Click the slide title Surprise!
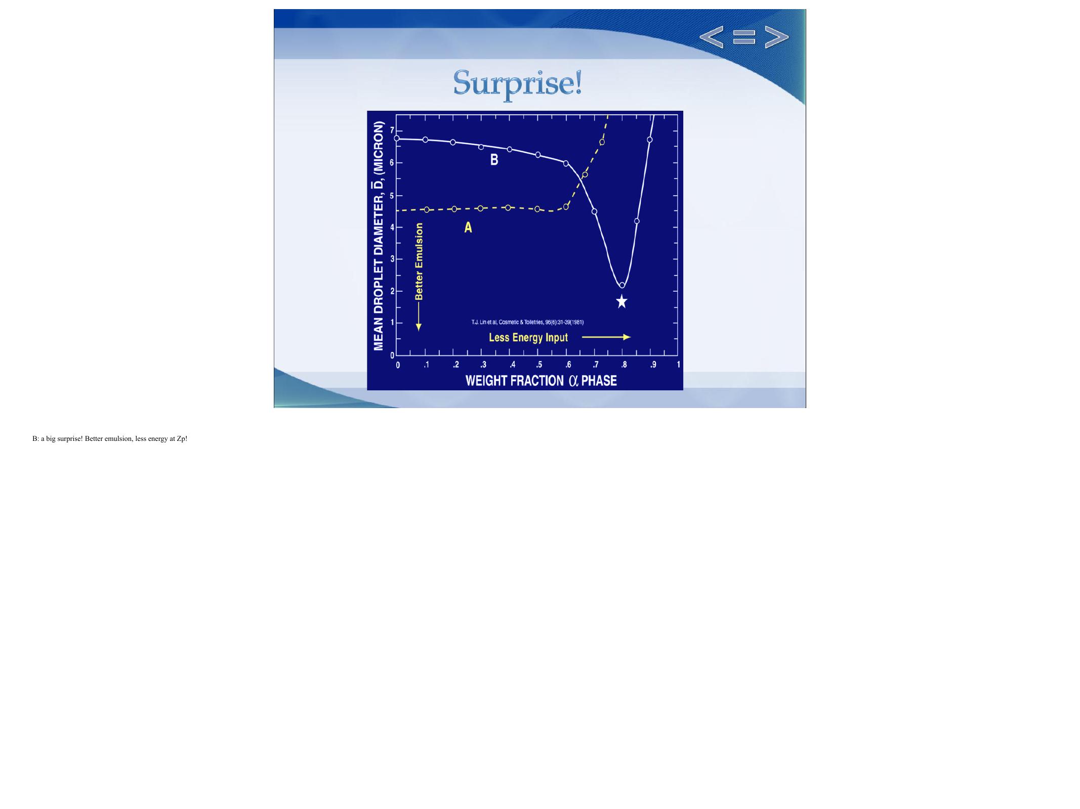tap(517, 83)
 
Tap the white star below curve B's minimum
tap(622, 302)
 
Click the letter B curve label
tap(494, 160)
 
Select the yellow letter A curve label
tap(468, 228)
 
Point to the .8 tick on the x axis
tap(624, 365)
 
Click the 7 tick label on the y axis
tap(391, 130)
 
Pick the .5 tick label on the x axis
tap(539, 365)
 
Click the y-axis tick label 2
tap(391, 291)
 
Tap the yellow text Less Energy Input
tap(528, 337)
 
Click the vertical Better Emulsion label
tap(419, 262)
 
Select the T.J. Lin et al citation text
tap(527, 322)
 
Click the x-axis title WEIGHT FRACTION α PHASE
tap(541, 381)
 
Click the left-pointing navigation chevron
tap(711, 37)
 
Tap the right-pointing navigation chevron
tap(776, 37)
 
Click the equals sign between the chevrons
tap(744, 37)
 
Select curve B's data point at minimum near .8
tap(622, 285)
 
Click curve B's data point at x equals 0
tap(397, 138)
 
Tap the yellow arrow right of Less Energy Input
tap(606, 337)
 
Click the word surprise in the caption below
tap(70, 439)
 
